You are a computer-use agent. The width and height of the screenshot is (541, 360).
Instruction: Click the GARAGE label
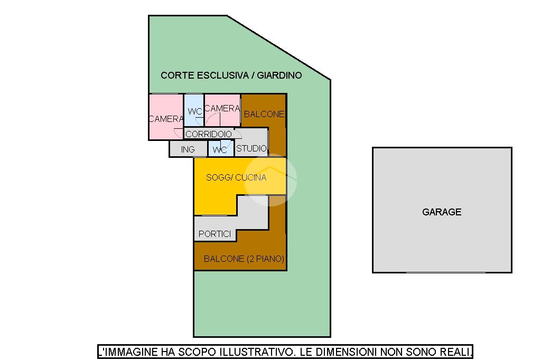click(x=442, y=212)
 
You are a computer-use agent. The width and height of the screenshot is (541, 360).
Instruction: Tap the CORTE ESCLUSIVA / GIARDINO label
click(x=231, y=75)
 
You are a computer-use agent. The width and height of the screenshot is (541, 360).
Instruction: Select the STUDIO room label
click(x=251, y=149)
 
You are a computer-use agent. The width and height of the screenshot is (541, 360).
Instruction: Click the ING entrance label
click(x=188, y=150)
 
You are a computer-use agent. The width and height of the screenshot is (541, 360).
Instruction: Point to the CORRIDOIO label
click(x=209, y=134)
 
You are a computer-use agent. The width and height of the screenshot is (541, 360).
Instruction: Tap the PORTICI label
click(x=214, y=234)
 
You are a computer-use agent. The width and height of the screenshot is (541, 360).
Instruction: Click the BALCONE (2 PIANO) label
click(x=244, y=259)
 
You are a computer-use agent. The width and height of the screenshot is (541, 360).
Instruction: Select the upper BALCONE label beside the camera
click(x=264, y=114)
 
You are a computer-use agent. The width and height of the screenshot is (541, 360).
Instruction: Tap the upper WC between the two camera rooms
click(x=194, y=111)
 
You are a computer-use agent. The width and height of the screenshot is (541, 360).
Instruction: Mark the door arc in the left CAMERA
click(x=178, y=132)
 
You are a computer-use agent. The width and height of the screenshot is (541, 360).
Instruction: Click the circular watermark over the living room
click(x=270, y=179)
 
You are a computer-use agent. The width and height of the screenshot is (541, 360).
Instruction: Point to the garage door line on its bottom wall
click(x=445, y=272)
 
